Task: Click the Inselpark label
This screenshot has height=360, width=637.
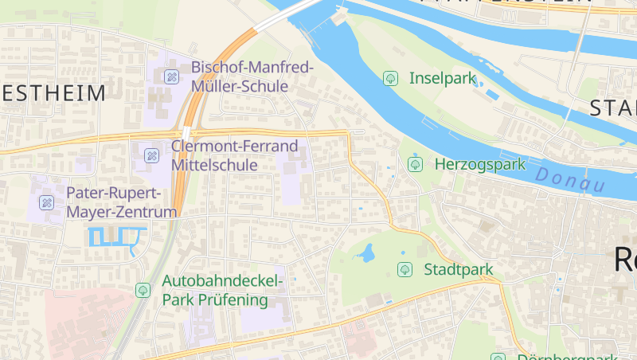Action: tap(442, 78)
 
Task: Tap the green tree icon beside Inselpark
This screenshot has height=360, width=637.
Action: tap(390, 78)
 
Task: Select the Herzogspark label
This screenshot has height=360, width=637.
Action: tap(480, 165)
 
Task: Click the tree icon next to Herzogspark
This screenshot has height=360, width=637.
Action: tap(414, 164)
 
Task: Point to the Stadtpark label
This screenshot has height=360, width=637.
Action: tap(459, 269)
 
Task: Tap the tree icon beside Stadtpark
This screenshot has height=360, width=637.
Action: tap(404, 269)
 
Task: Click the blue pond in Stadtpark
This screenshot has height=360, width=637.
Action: tap(366, 254)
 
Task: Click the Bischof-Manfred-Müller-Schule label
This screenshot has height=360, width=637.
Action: tap(252, 76)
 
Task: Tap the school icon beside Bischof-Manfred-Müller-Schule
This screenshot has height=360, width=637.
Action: tap(170, 77)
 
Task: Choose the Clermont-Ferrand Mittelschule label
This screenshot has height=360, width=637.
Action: tap(234, 155)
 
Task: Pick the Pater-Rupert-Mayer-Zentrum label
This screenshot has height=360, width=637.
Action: tap(121, 202)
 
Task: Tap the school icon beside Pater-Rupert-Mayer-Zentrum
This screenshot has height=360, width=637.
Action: tap(46, 202)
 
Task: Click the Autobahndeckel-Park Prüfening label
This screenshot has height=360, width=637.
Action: tap(222, 290)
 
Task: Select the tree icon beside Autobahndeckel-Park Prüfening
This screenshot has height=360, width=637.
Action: tap(143, 290)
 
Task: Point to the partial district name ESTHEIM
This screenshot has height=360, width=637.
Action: tap(53, 93)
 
